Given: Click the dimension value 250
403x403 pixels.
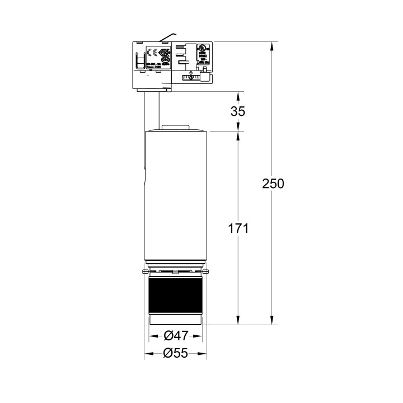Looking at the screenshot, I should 273,183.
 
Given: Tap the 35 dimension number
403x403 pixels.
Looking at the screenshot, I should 238,111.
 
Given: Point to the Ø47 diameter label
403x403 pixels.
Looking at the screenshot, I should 175,336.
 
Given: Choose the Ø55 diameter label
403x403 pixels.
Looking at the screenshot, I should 175,353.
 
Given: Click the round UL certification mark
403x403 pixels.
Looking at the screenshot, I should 203,49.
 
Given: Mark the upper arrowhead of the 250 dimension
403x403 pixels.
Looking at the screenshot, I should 272,45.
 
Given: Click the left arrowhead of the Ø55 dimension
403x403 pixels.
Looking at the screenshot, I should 147,353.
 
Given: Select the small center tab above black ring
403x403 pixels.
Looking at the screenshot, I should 175,272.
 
